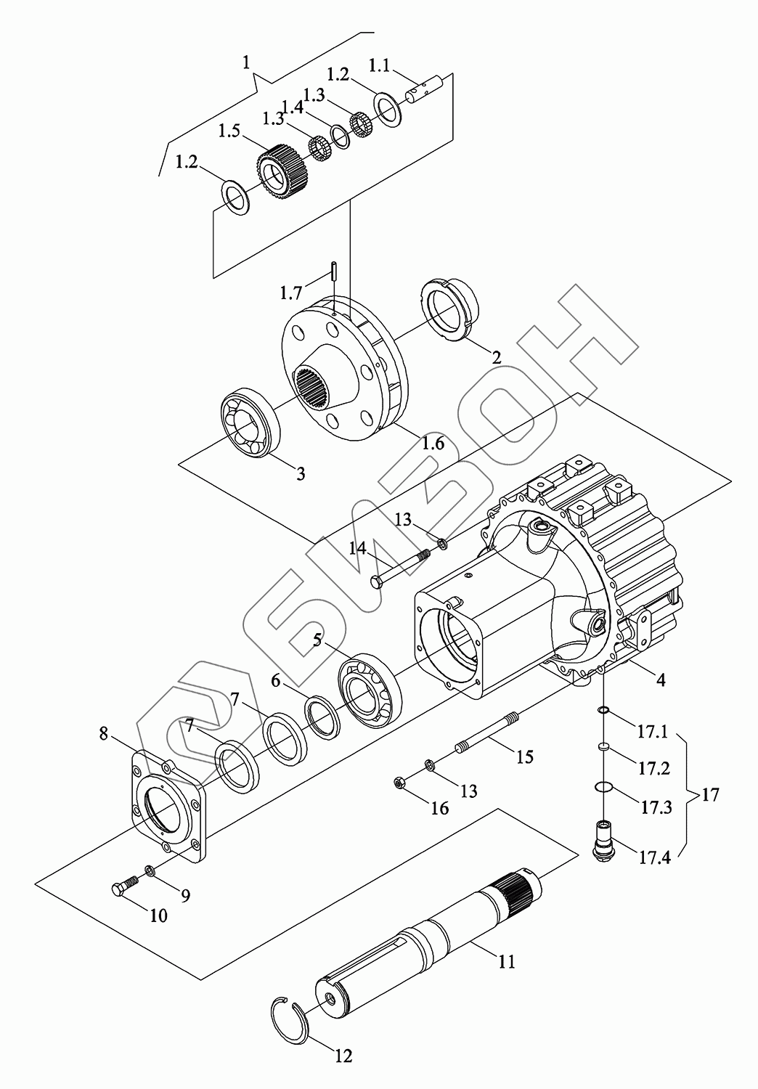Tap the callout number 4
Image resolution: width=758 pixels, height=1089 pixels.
pos(660,680)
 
